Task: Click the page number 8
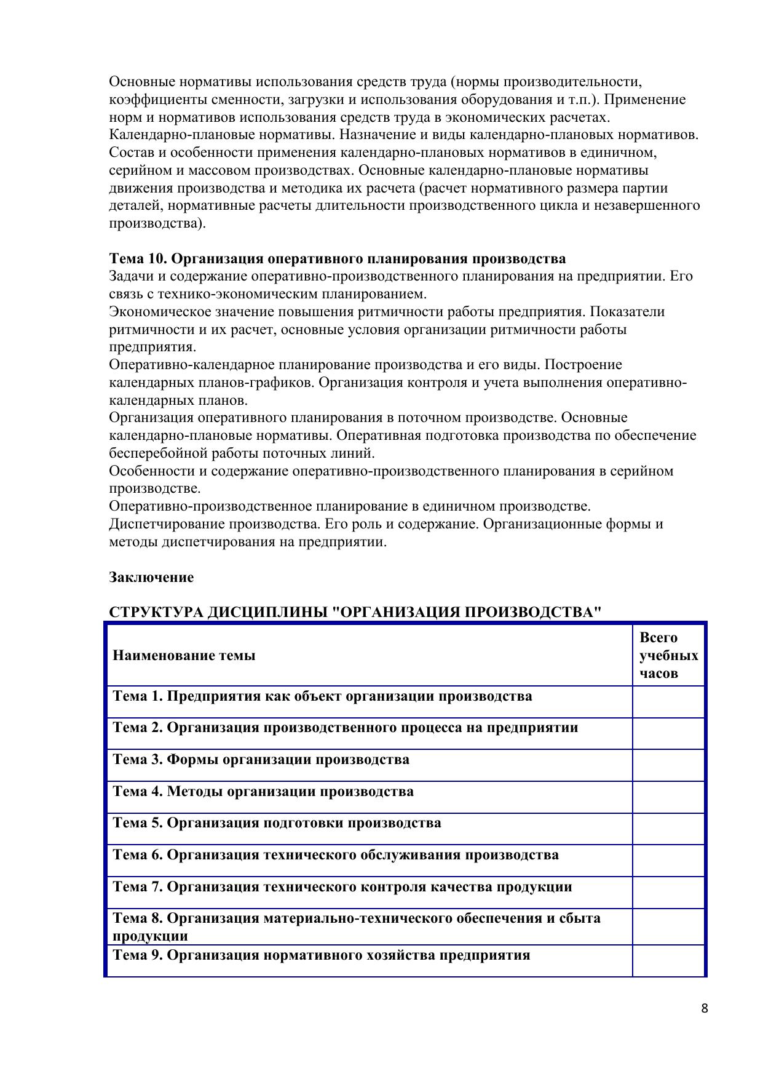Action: [704, 1008]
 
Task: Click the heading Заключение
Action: [151, 577]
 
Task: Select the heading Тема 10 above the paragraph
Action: [337, 258]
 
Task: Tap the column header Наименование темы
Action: [184, 655]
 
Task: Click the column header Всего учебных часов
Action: [668, 655]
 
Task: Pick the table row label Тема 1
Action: [322, 696]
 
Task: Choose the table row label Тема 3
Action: [261, 759]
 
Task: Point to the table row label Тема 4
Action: [263, 791]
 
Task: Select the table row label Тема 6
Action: [336, 854]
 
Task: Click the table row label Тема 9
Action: [321, 955]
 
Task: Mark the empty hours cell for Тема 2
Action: [668, 733]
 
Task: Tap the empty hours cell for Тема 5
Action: [668, 829]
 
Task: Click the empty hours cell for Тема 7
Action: [668, 892]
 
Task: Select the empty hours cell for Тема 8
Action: [668, 926]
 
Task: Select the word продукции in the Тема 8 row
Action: [150, 936]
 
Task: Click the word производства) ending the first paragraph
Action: [157, 223]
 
